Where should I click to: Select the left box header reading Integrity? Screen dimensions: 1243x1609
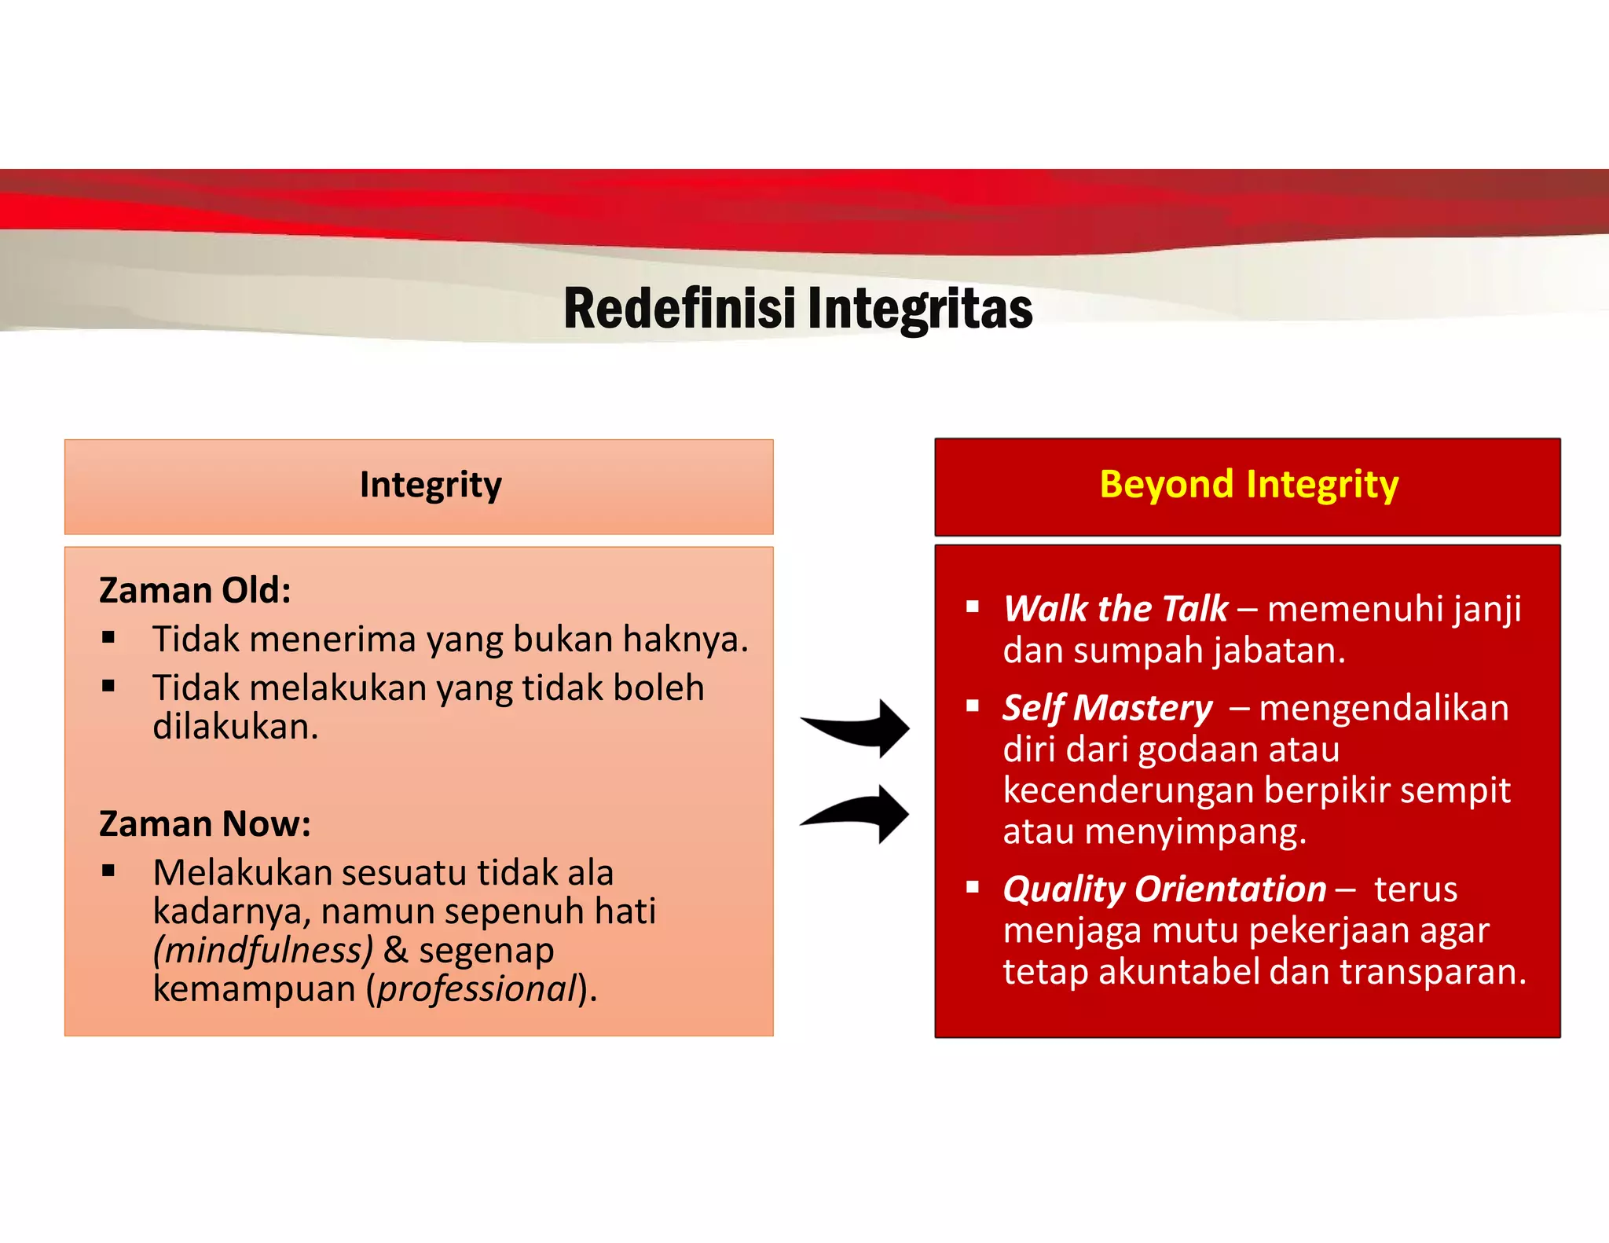(x=430, y=485)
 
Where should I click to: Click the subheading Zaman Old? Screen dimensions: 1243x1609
(x=195, y=590)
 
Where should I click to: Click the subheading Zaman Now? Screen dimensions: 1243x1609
(x=204, y=824)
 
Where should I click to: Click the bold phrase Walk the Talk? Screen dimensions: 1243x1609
(x=1115, y=609)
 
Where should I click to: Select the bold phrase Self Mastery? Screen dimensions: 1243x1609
(x=1107, y=708)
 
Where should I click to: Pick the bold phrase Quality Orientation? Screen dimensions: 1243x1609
(x=1164, y=889)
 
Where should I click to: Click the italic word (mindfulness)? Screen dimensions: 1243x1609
(x=262, y=950)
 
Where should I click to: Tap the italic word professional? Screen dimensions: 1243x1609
(x=477, y=988)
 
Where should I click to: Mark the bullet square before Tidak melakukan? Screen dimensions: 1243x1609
(x=108, y=686)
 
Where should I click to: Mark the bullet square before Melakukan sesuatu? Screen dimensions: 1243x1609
(x=108, y=870)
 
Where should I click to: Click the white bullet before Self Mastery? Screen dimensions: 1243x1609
(x=973, y=706)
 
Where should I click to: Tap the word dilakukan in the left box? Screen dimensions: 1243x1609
(x=234, y=727)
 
